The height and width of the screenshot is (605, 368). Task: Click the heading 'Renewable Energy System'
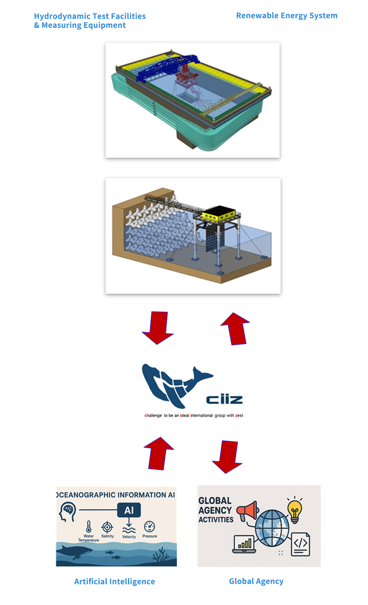point(287,16)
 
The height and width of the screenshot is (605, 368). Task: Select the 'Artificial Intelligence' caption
point(114,581)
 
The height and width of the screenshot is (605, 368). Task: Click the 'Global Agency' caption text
point(256,581)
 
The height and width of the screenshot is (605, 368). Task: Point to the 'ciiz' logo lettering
point(224,399)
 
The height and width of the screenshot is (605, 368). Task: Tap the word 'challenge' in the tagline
point(153,416)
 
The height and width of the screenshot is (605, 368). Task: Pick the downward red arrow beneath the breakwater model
point(158,328)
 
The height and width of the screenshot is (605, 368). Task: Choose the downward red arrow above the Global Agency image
point(227,457)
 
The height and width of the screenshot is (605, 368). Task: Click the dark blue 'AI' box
point(129,510)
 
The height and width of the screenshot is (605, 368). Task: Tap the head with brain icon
point(68,512)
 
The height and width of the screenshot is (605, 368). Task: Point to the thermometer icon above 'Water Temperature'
point(88,527)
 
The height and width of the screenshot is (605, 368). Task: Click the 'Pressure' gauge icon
point(149,526)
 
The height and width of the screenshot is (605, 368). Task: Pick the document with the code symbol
point(300,544)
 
